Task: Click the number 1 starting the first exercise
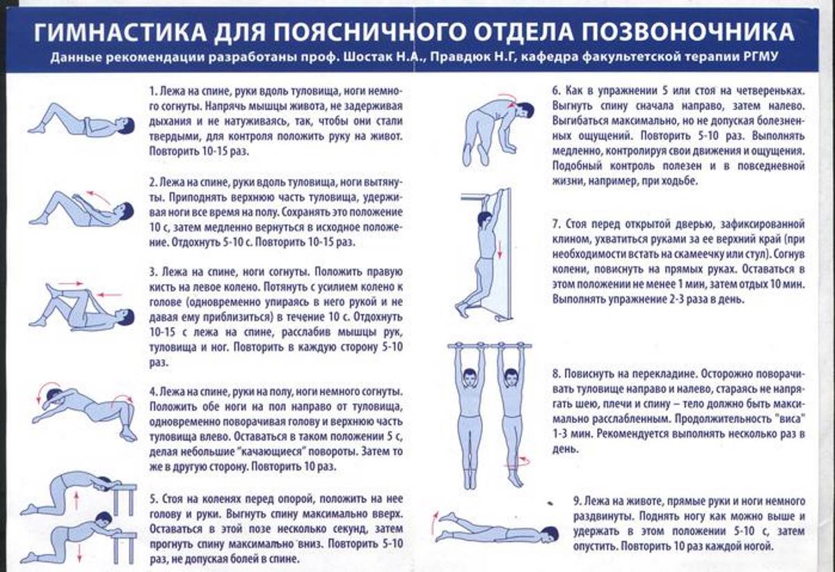(x=152, y=92)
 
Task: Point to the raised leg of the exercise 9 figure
(x=459, y=519)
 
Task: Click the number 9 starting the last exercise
(x=575, y=501)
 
